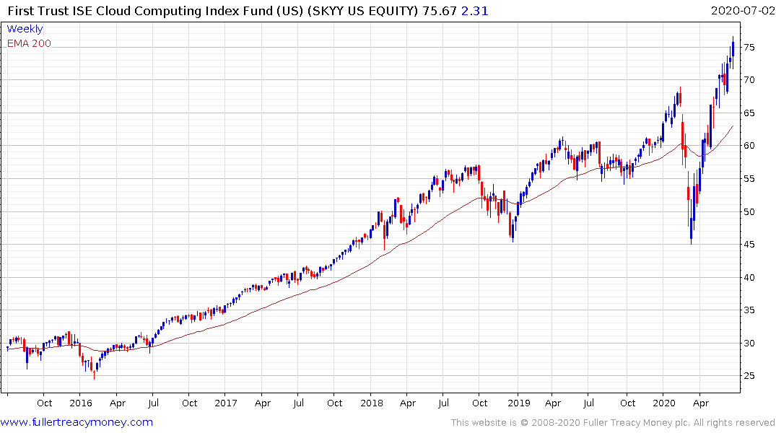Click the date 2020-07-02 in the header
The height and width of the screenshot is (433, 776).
point(741,10)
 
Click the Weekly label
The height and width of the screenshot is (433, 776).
point(25,29)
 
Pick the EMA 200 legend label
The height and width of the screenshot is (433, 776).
point(30,43)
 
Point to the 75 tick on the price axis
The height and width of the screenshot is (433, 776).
point(750,48)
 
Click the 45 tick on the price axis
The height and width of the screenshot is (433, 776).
point(750,245)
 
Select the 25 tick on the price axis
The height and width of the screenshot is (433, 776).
point(750,376)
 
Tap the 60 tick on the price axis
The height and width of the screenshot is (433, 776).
point(750,146)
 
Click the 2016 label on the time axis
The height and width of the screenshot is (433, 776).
point(81,403)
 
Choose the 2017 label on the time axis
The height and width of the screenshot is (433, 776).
point(226,403)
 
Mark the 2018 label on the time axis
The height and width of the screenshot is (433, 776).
point(372,403)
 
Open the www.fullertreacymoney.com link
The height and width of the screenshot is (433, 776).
point(77,422)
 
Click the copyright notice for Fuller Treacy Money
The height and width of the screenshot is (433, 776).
point(613,423)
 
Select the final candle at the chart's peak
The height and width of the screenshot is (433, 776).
point(733,48)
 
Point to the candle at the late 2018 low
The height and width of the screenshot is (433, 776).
point(512,231)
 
